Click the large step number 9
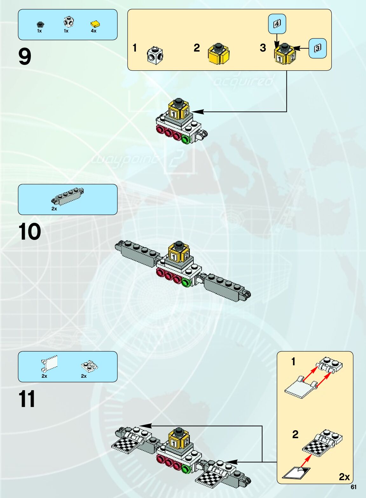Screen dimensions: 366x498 click(25, 57)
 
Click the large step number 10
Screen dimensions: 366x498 click(30, 232)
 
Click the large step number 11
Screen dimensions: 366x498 click(27, 399)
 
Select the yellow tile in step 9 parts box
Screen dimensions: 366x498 click(95, 24)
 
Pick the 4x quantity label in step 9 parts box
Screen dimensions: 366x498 click(93, 31)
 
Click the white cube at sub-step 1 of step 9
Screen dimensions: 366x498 click(155, 55)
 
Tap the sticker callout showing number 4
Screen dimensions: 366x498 click(277, 24)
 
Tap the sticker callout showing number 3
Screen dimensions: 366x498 click(318, 48)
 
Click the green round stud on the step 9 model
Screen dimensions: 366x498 click(186, 139)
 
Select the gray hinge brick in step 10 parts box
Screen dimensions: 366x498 click(67, 196)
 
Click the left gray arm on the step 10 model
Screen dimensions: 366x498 click(137, 253)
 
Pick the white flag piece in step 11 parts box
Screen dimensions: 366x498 click(50, 364)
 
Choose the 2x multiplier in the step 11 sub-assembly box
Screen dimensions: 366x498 click(344, 477)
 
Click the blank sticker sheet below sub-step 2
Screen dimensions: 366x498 click(296, 472)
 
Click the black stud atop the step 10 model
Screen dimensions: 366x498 click(178, 245)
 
